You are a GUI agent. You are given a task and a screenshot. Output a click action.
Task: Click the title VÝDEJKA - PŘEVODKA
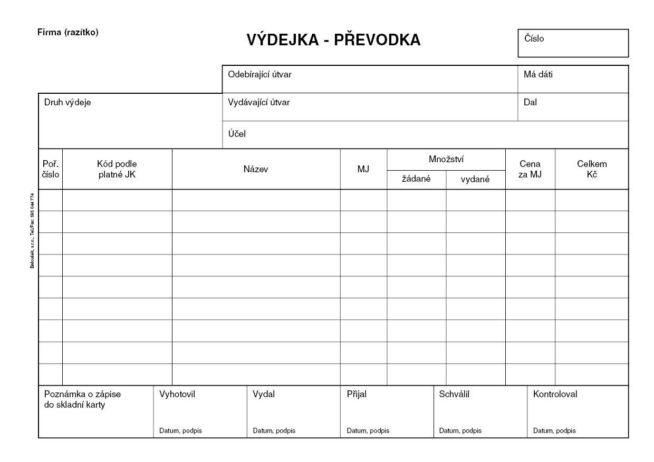pos(333,40)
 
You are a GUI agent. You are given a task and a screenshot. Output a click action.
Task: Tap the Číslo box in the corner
pos(573,43)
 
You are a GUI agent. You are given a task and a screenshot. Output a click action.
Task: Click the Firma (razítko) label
pos(68,32)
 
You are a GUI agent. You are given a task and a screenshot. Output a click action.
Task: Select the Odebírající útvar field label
pos(259,74)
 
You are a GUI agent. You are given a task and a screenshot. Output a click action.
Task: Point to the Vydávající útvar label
pos(258,102)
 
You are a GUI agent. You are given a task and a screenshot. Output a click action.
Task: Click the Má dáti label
pos(538,74)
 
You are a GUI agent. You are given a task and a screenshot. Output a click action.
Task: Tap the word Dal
pos(530,102)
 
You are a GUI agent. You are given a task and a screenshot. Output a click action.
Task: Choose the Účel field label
pos(237,134)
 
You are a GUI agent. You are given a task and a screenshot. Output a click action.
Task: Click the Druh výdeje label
pos(68,102)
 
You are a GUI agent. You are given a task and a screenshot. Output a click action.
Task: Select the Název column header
pos(256,169)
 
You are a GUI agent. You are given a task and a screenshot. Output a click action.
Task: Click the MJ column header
pos(363,169)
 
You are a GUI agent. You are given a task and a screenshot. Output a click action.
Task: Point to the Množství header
pos(446,159)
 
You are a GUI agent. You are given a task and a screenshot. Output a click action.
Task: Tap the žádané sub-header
pos(417,179)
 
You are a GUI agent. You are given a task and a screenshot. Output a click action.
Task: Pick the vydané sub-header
pos(475,179)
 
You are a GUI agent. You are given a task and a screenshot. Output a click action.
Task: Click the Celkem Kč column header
pos(592,169)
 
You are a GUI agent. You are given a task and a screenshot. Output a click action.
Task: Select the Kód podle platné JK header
pos(117,169)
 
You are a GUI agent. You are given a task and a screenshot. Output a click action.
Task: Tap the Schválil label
pos(454,394)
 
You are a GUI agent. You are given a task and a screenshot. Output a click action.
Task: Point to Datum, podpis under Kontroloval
pos(554,430)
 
